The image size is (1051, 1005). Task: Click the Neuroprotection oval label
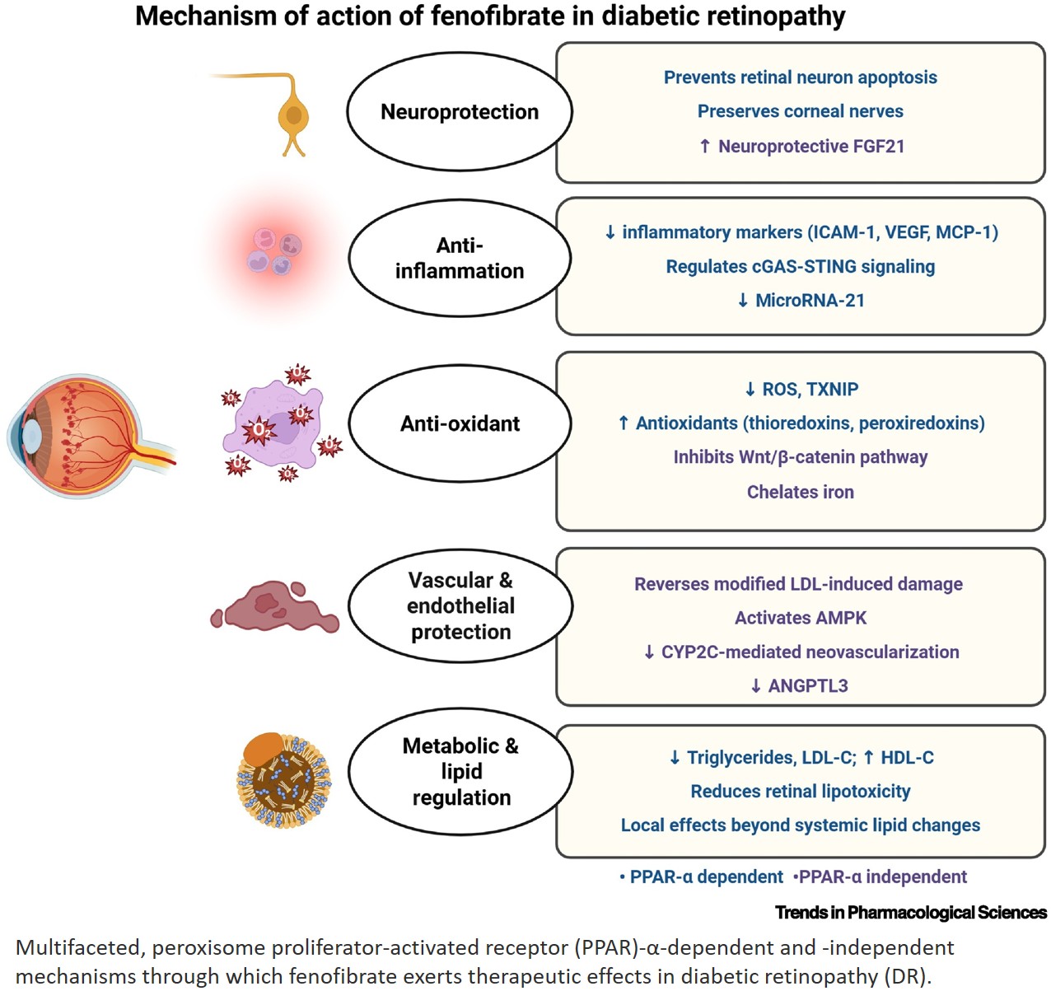coord(459,112)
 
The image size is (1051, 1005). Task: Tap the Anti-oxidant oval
coord(460,423)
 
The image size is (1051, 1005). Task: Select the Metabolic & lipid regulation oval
coord(460,771)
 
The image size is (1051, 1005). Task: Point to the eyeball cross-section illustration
coord(91,436)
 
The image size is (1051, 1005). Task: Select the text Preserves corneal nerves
coord(800,111)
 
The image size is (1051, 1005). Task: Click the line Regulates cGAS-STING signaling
coord(800,266)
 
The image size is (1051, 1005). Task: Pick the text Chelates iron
coord(800,492)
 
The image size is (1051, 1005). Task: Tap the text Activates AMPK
coord(800,618)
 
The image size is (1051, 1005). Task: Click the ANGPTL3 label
coord(808,686)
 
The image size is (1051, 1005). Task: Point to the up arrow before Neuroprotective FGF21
coord(705,146)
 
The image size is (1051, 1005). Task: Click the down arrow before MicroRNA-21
coord(743,300)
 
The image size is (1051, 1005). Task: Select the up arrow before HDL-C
coord(868,757)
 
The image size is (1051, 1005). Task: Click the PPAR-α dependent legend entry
coord(701,876)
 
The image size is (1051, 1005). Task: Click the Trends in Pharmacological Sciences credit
coord(911,912)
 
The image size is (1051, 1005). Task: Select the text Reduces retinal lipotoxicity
coord(800,792)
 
